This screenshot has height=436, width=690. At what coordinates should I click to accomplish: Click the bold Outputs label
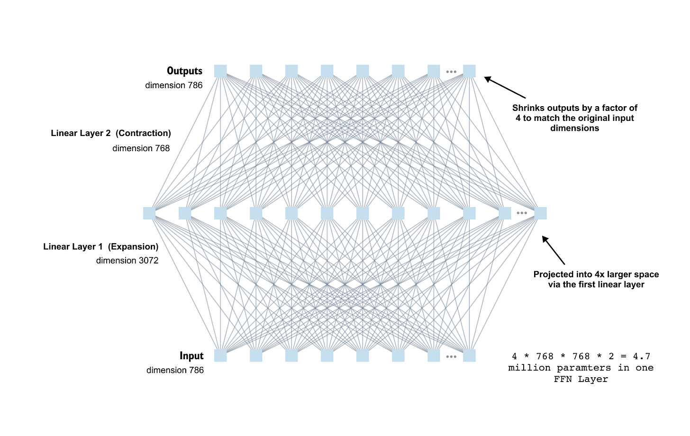(x=184, y=71)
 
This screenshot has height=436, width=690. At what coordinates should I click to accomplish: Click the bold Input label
(x=191, y=356)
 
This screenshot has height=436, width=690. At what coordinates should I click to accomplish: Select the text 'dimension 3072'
(x=127, y=261)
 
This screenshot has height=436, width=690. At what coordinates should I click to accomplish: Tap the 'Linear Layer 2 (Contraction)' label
(x=111, y=133)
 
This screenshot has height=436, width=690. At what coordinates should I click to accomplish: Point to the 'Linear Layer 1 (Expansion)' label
(x=100, y=246)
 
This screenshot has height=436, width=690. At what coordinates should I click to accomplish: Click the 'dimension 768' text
(x=141, y=148)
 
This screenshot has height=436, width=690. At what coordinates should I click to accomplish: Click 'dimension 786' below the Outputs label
(x=174, y=85)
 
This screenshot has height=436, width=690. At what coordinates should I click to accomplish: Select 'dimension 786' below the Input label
(x=175, y=370)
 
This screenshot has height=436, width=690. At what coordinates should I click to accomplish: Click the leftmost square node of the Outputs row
(x=220, y=71)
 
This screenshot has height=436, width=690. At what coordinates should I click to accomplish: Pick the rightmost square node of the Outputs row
(x=469, y=71)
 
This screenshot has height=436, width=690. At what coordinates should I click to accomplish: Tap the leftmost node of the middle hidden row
(x=149, y=213)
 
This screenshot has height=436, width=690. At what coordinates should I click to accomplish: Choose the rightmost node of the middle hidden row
(x=540, y=213)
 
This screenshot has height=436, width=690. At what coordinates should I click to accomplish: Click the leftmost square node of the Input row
(x=220, y=355)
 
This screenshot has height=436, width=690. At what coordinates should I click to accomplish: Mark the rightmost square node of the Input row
(x=469, y=355)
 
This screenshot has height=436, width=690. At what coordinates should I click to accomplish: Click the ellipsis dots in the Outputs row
(x=451, y=72)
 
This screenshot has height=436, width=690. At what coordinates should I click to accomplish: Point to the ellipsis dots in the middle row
(x=522, y=213)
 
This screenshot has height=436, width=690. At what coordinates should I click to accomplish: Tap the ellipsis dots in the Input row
(x=451, y=356)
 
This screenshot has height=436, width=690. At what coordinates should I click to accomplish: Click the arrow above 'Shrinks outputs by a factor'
(x=505, y=88)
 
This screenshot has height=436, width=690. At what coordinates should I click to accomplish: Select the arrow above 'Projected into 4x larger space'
(x=553, y=250)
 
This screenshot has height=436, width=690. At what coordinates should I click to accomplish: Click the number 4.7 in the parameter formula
(x=642, y=356)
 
